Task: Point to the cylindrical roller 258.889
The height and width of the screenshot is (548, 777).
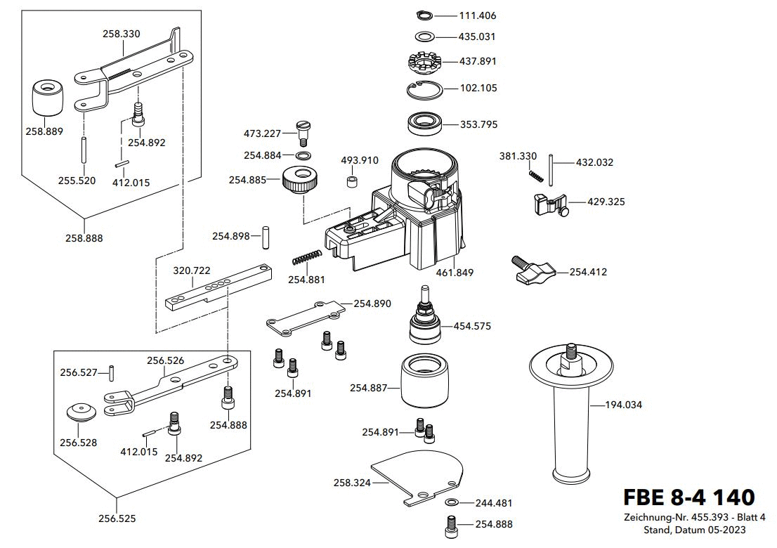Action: (48, 98)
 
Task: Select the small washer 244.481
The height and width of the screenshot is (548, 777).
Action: (450, 502)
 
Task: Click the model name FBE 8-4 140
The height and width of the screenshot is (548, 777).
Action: (688, 497)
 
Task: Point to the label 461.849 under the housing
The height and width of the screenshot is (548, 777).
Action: (456, 273)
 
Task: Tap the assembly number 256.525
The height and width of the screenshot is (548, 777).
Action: (117, 519)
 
